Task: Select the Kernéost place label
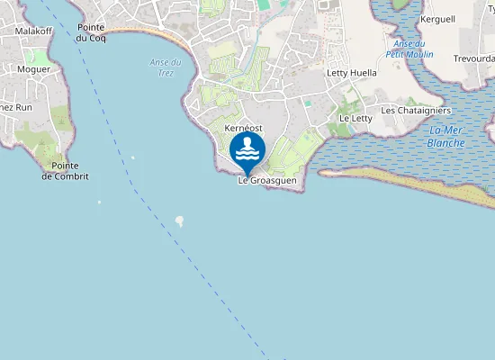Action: point(242,129)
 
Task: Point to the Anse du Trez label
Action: point(166,67)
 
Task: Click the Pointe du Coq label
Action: point(92,33)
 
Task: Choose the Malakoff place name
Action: point(34,31)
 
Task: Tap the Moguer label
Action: point(34,68)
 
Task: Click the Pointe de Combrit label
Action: point(65,171)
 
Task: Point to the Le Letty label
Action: point(355,118)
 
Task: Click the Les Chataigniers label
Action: point(416,111)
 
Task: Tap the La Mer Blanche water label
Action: point(446,137)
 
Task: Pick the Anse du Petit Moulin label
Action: point(410,49)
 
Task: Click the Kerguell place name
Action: point(437,19)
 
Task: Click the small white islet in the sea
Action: point(179,220)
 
